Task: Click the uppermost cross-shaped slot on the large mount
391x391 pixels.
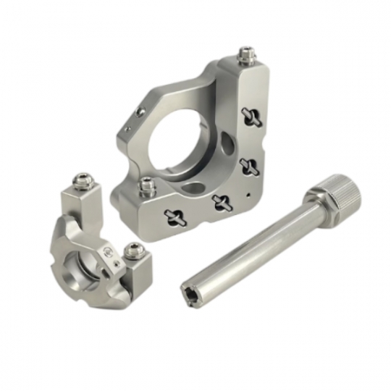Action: (251, 114)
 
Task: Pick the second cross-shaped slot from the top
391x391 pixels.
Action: (249, 166)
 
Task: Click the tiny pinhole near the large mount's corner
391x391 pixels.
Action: (249, 194)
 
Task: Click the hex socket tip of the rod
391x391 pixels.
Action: (190, 290)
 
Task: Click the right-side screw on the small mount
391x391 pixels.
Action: (133, 251)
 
